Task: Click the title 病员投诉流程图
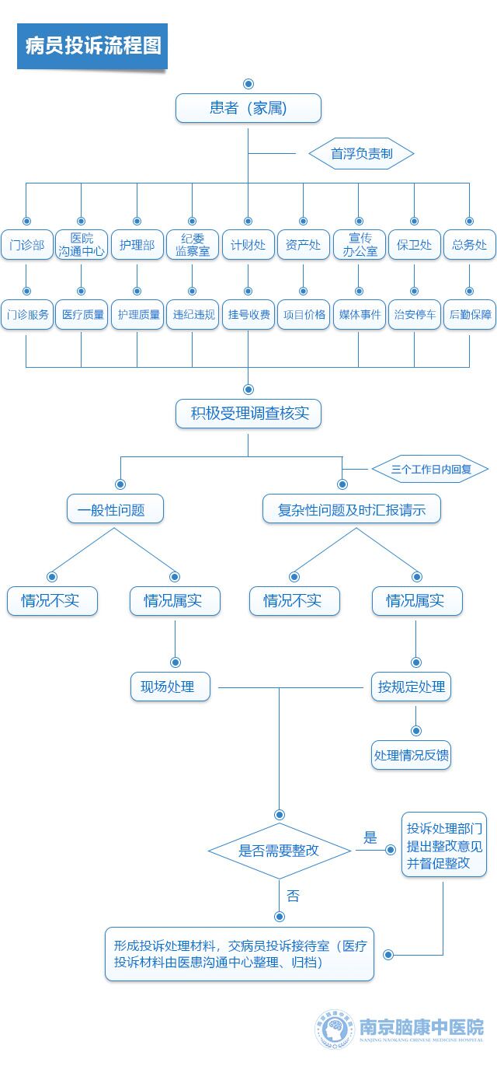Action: coord(92,46)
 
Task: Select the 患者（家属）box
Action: coord(248,108)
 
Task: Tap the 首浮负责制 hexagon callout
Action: coord(361,153)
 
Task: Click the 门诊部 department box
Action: coord(26,245)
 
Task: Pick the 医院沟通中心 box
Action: coord(82,245)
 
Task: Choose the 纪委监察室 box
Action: coord(193,245)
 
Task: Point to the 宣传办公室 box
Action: coord(359,245)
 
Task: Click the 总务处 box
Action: coord(469,245)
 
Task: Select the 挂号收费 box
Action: coord(248,315)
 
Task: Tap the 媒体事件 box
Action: coord(359,315)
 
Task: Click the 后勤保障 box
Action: coord(469,315)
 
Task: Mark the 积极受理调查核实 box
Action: coord(248,414)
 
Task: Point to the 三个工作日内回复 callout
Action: coord(429,470)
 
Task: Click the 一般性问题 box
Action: coord(115,510)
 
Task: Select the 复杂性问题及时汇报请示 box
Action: coord(352,510)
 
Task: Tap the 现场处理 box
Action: coord(169,687)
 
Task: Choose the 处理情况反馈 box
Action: coord(412,755)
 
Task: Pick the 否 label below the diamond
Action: coord(293,896)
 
